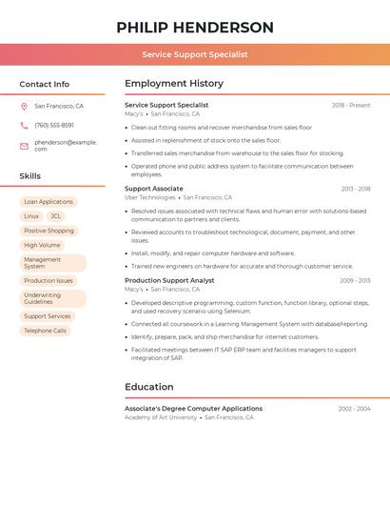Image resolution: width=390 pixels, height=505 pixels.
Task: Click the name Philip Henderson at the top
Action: pyautogui.click(x=194, y=28)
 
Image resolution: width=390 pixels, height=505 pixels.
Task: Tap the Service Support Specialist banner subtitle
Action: pyautogui.click(x=194, y=54)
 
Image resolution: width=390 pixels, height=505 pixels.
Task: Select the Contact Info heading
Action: pyautogui.click(x=45, y=84)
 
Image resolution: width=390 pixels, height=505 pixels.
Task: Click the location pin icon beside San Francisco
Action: pyautogui.click(x=24, y=107)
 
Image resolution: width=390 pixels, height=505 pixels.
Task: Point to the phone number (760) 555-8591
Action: pyautogui.click(x=54, y=125)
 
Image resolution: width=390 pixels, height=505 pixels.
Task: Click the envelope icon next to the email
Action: pyautogui.click(x=24, y=146)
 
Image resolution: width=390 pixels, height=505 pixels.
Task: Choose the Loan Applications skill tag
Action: pyautogui.click(x=49, y=202)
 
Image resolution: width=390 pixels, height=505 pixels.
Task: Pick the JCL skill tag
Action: pyautogui.click(x=55, y=216)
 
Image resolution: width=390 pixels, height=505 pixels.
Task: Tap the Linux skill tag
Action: pyautogui.click(x=31, y=216)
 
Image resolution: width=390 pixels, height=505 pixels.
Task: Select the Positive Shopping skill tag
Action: pyautogui.click(x=49, y=231)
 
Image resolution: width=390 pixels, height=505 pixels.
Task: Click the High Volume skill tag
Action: pyautogui.click(x=42, y=245)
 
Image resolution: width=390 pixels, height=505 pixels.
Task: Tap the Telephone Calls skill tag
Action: pyautogui.click(x=46, y=331)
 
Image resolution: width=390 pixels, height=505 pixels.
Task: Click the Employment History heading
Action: pyautogui.click(x=174, y=84)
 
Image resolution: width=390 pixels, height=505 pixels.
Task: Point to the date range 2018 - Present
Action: pyautogui.click(x=351, y=105)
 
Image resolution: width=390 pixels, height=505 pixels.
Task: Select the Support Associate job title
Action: pyautogui.click(x=154, y=189)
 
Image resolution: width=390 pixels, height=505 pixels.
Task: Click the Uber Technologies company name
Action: pyautogui.click(x=150, y=197)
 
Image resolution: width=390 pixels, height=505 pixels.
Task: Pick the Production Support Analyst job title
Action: pyautogui.click(x=169, y=280)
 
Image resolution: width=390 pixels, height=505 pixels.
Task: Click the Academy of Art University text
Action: pyautogui.click(x=161, y=417)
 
